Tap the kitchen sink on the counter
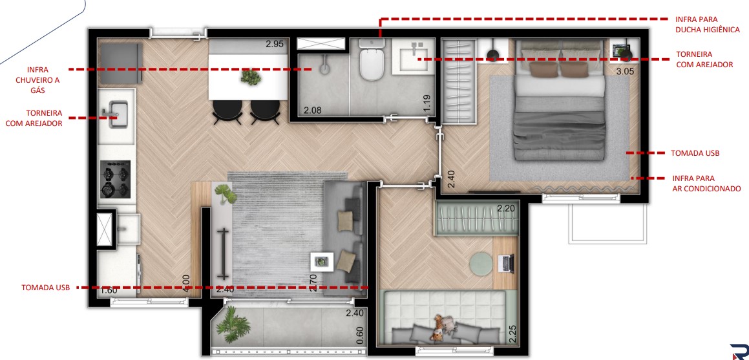click(x=118, y=114)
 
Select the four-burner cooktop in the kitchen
click(x=115, y=179)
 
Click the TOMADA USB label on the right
click(x=694, y=153)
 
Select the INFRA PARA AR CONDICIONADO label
click(x=706, y=183)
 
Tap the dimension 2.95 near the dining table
click(x=275, y=45)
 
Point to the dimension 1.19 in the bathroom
click(x=427, y=104)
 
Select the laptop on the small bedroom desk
click(x=507, y=262)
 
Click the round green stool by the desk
click(x=480, y=263)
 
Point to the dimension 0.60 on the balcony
click(x=360, y=335)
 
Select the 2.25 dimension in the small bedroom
click(x=512, y=333)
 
